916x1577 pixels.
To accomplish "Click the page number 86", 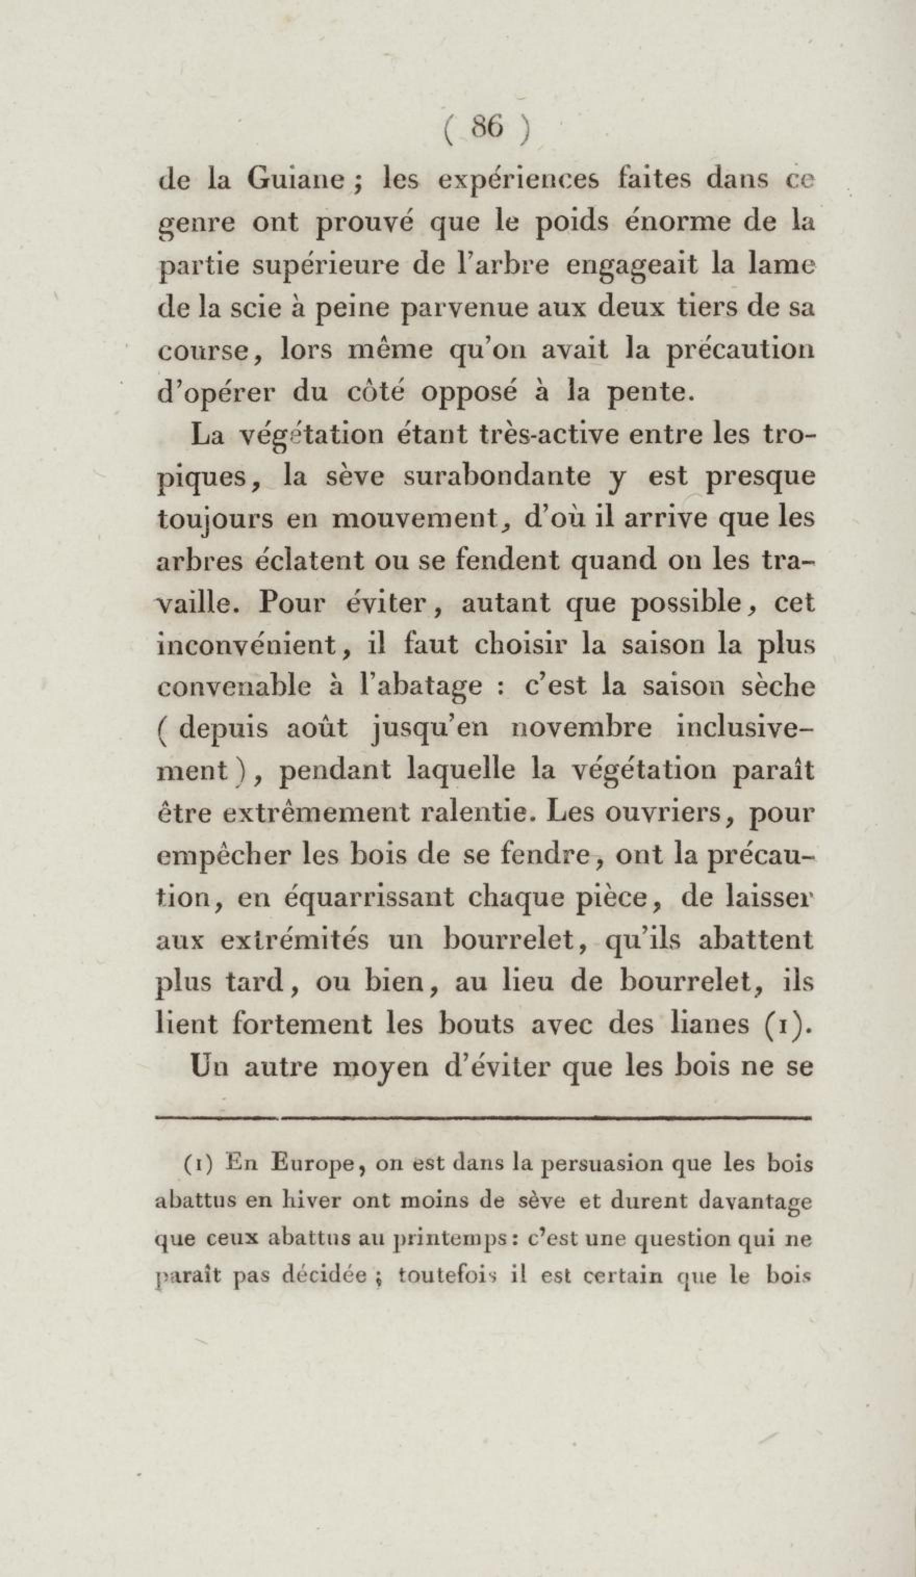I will pos(488,127).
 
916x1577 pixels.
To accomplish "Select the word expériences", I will pos(518,181).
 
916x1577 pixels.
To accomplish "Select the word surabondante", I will pos(497,476).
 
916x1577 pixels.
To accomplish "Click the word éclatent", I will pos(309,560).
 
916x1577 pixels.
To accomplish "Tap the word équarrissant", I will pos(370,897).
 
